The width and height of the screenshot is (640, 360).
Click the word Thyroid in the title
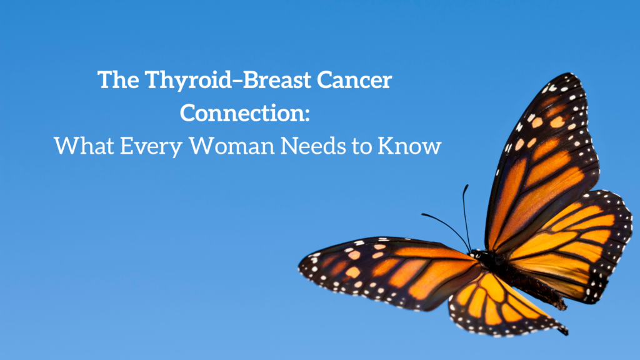(x=189, y=81)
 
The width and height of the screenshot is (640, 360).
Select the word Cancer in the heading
(x=355, y=79)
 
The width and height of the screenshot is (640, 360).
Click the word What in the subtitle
(x=84, y=145)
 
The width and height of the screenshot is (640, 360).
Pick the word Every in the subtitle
(x=151, y=147)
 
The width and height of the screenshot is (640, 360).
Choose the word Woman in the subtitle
(x=231, y=146)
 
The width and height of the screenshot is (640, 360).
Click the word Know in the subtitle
(x=409, y=146)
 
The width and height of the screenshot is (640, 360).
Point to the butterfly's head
(x=475, y=254)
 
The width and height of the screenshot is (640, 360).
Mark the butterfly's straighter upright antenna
(x=465, y=216)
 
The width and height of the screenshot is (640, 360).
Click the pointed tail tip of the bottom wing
(x=566, y=331)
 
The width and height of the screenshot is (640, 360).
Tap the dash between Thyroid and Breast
(x=238, y=81)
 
